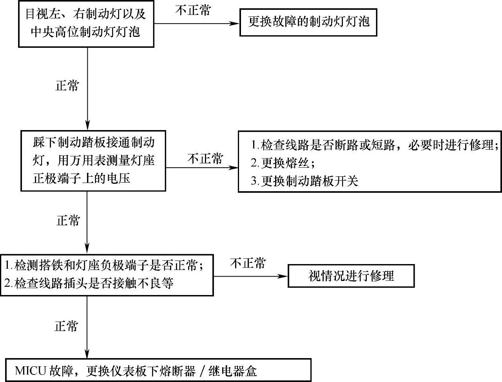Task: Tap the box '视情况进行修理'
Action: (351, 276)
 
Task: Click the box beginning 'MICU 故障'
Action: (158, 370)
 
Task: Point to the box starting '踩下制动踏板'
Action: (93, 161)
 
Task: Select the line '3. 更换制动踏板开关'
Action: (304, 181)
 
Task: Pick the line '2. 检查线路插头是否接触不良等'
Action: (89, 283)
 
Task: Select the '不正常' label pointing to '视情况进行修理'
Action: (248, 263)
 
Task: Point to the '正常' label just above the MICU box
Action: (67, 326)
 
